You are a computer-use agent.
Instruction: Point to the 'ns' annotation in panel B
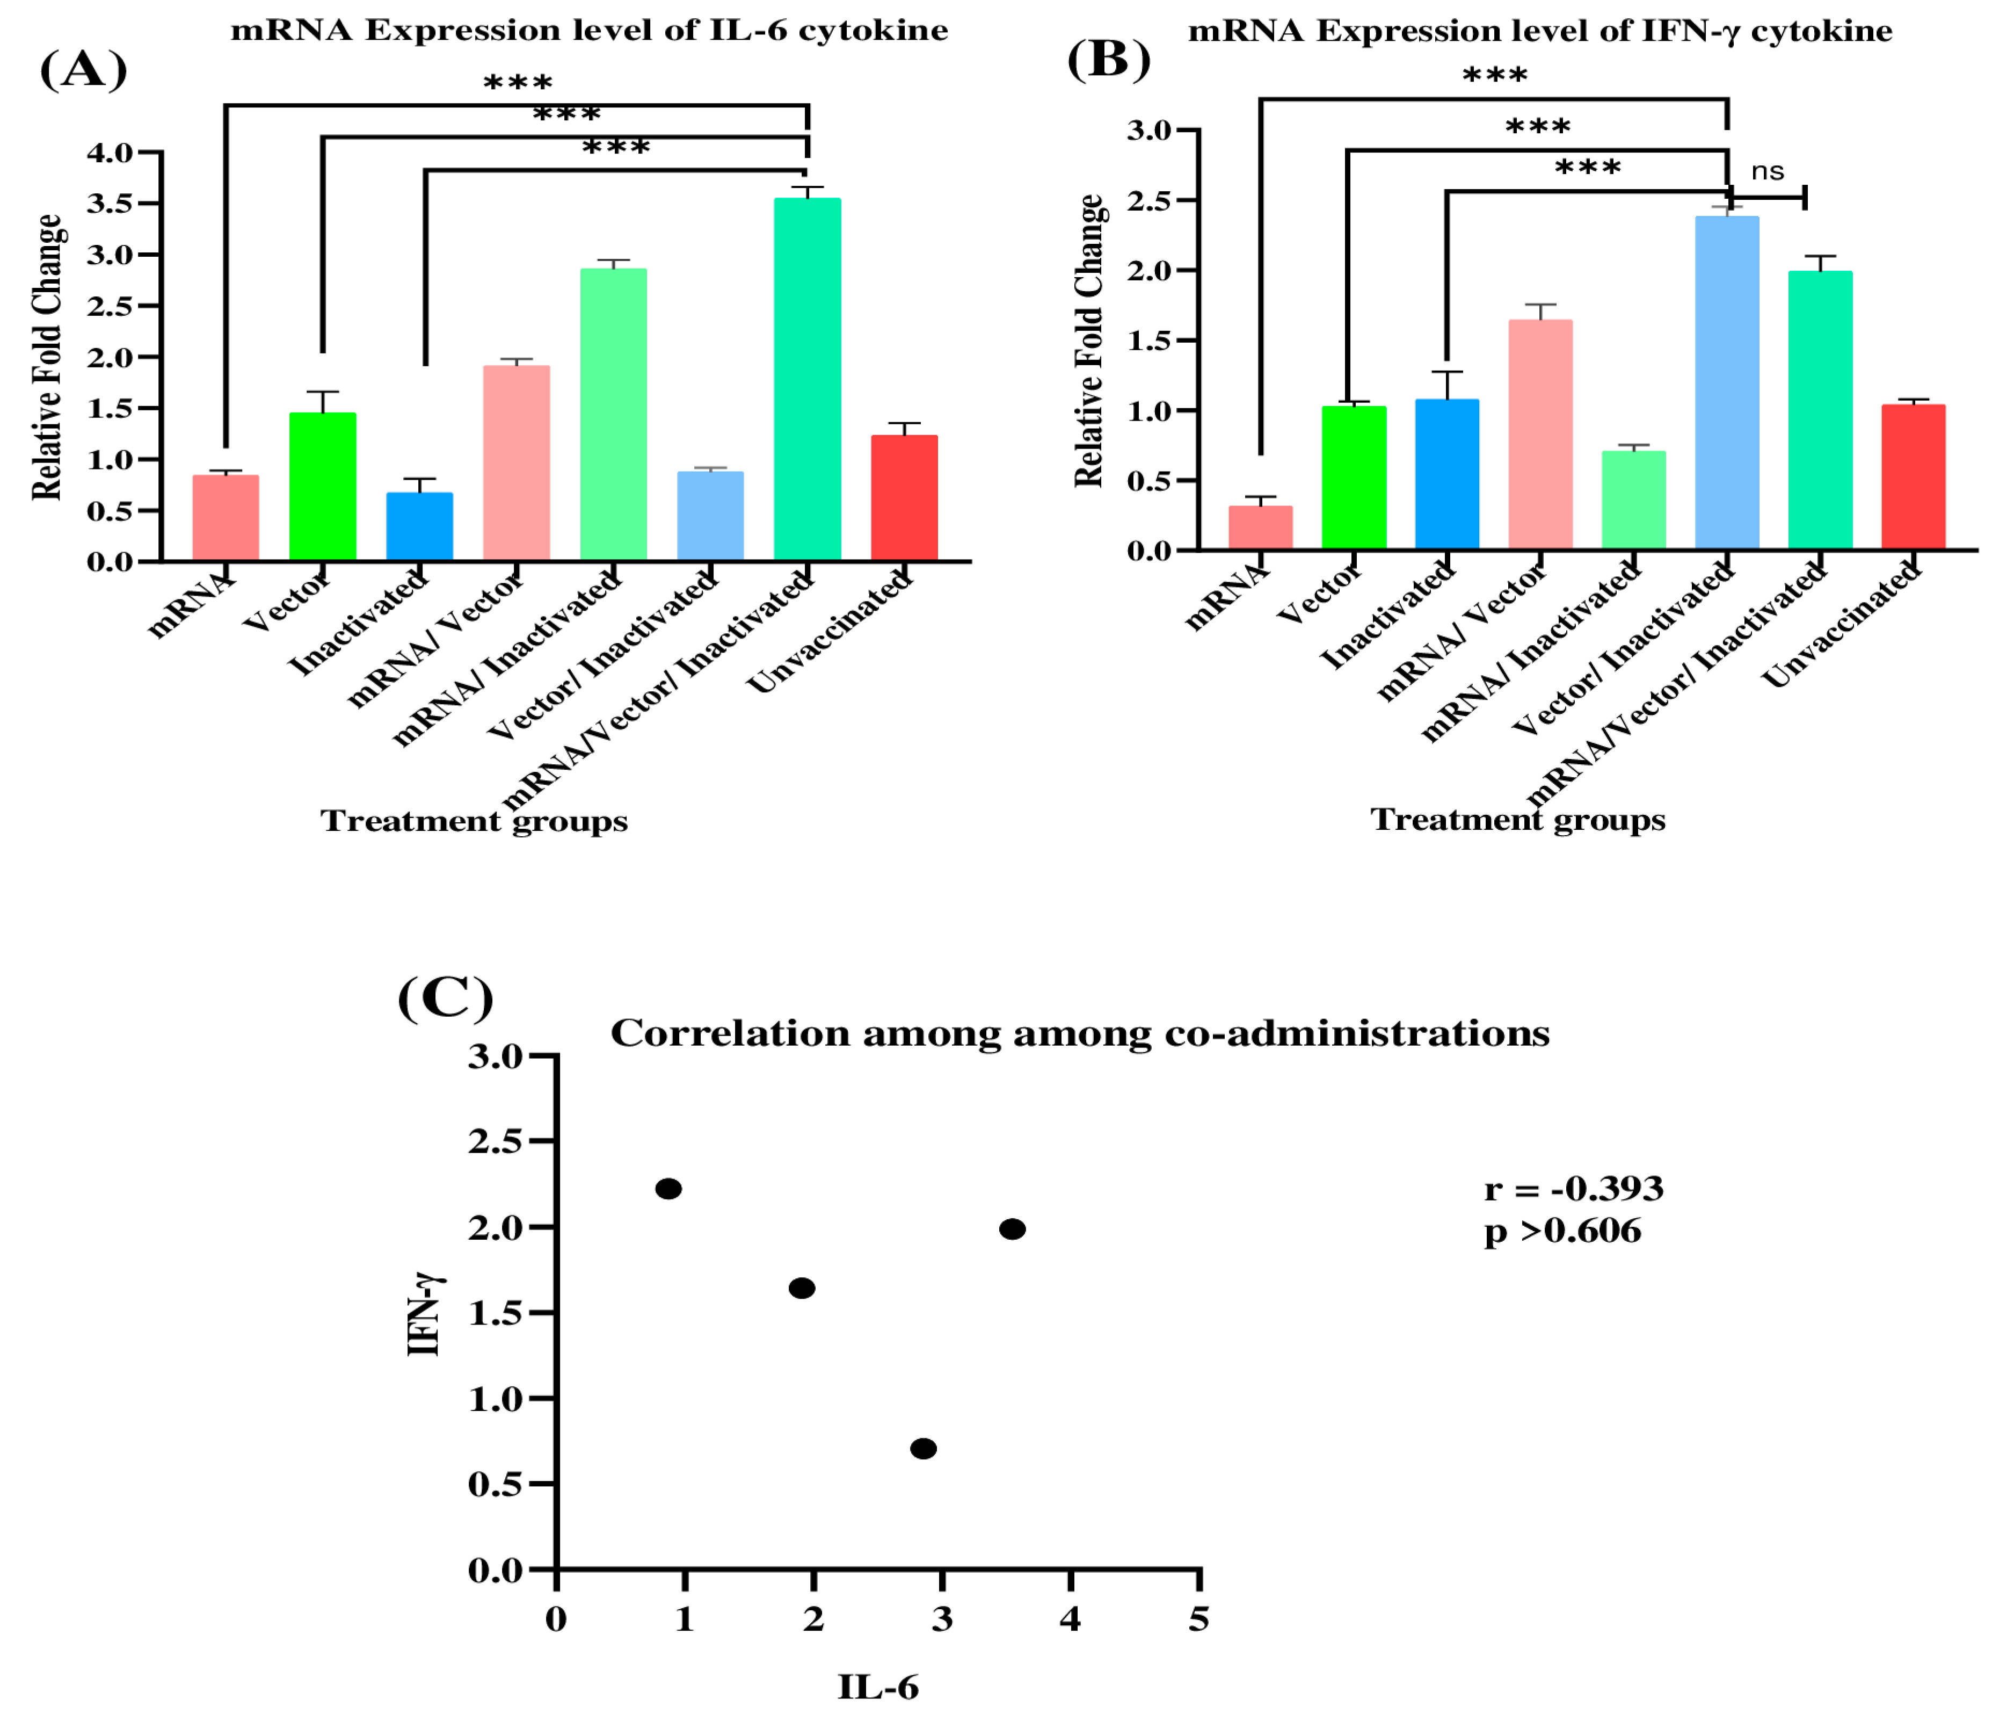1767,172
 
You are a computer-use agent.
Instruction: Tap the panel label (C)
445,998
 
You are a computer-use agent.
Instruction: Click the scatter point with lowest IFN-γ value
923,1449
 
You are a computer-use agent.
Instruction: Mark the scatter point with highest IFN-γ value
668,1189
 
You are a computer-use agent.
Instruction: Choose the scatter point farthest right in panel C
1012,1229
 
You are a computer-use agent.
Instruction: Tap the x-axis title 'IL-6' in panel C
878,1687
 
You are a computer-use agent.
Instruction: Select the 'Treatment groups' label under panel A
474,821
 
